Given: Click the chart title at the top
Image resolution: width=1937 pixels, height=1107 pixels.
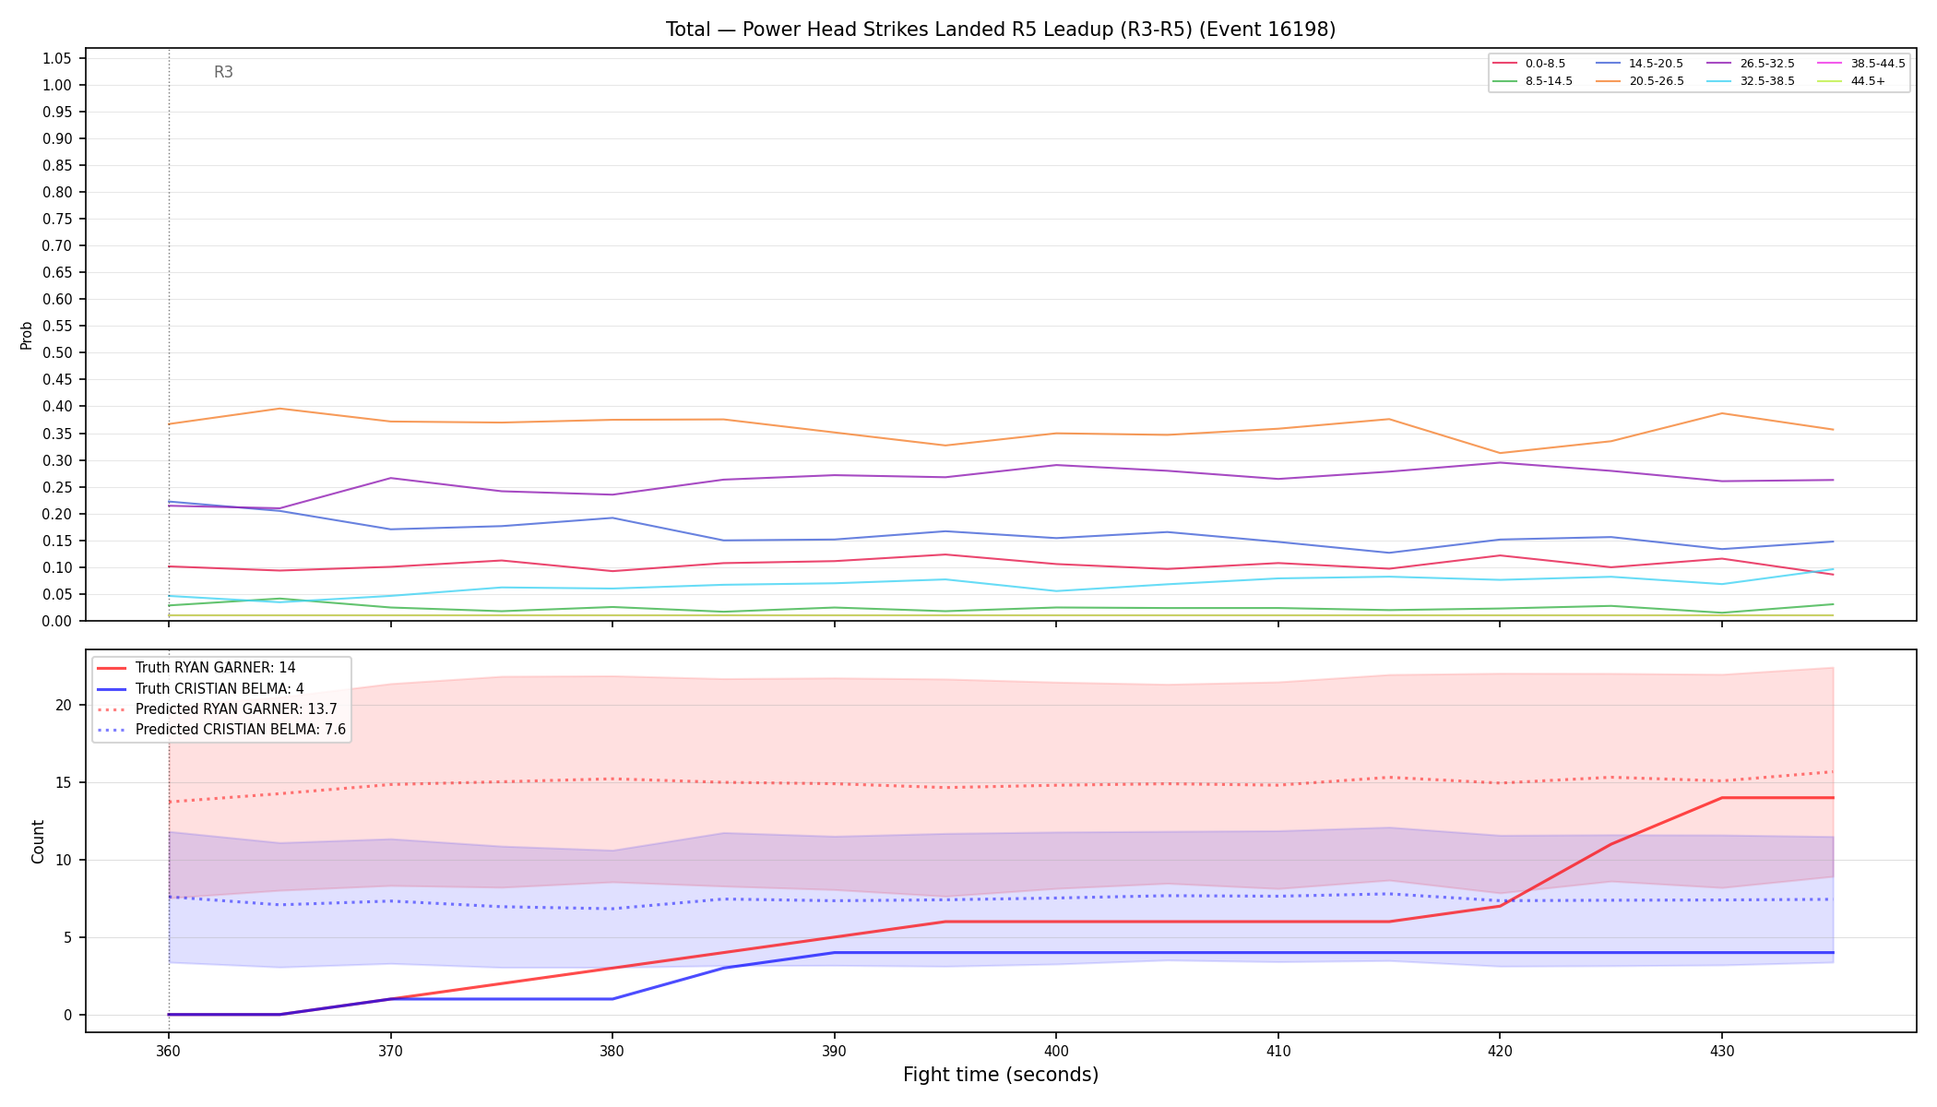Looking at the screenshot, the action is coord(1001,30).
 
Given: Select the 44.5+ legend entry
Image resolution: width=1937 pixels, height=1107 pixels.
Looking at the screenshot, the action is coord(1851,81).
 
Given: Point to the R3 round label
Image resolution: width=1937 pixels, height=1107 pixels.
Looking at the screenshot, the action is coord(223,72).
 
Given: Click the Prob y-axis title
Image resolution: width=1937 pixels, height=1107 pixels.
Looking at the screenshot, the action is coord(27,335).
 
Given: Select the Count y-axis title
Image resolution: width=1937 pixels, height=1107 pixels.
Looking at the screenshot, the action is coord(38,841).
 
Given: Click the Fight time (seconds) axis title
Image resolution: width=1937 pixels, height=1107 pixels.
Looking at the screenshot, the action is coord(1001,1075).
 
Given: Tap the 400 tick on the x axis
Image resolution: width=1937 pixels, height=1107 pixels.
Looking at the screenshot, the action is coord(1056,1050).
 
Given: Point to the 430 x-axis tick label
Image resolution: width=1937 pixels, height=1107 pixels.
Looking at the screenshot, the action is coord(1721,1050).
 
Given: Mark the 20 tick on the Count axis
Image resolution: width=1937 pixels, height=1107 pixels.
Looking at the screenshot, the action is coord(64,706).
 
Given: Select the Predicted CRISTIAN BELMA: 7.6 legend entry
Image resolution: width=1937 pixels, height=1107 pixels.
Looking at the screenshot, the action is coord(221,730).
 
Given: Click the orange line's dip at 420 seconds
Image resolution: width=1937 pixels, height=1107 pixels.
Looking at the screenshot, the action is coord(1500,453).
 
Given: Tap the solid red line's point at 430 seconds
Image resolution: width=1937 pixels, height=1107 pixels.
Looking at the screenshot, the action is coord(1721,798).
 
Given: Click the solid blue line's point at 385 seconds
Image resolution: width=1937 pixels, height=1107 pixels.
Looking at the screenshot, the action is coord(723,968).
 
